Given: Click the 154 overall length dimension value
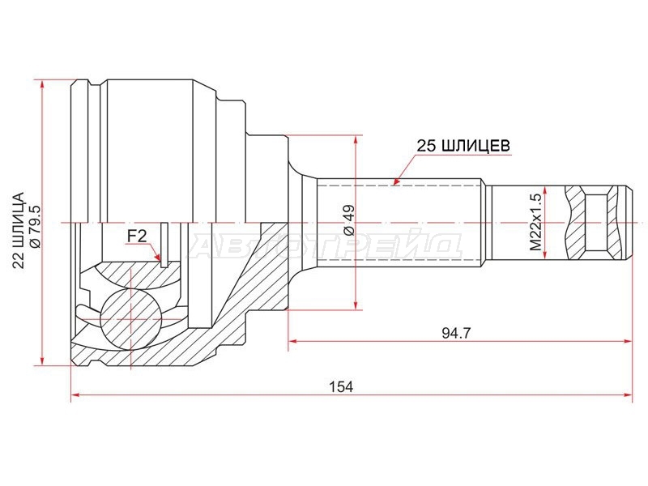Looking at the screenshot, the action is click(341, 387).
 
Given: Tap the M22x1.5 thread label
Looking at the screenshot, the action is click(535, 223).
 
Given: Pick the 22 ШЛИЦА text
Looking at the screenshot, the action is click(19, 231).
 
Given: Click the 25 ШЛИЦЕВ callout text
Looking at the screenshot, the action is click(463, 146).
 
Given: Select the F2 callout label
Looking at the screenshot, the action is click(136, 237).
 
